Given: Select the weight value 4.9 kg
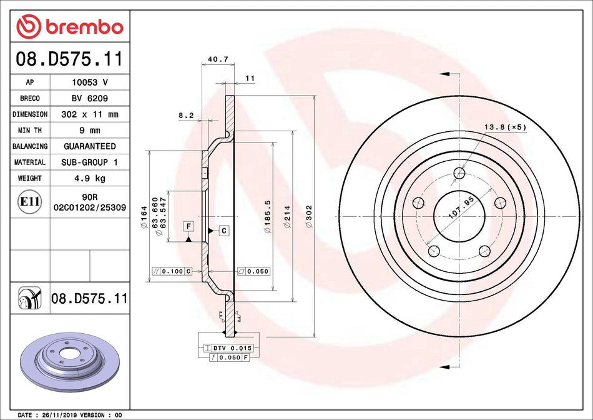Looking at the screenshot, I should coord(89,178).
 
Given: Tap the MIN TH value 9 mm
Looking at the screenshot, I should coord(89,131).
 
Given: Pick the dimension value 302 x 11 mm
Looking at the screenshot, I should coord(89,115).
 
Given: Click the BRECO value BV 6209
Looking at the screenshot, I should coord(89,99).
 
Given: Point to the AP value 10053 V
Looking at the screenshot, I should coord(89,82).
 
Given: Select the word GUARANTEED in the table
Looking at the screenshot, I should coord(89,146).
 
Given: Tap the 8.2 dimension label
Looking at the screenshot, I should coord(186,116).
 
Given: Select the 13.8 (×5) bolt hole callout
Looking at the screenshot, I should coord(505,127).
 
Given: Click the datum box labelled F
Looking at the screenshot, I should coord(188,225).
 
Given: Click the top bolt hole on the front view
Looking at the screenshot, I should coord(459,173).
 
